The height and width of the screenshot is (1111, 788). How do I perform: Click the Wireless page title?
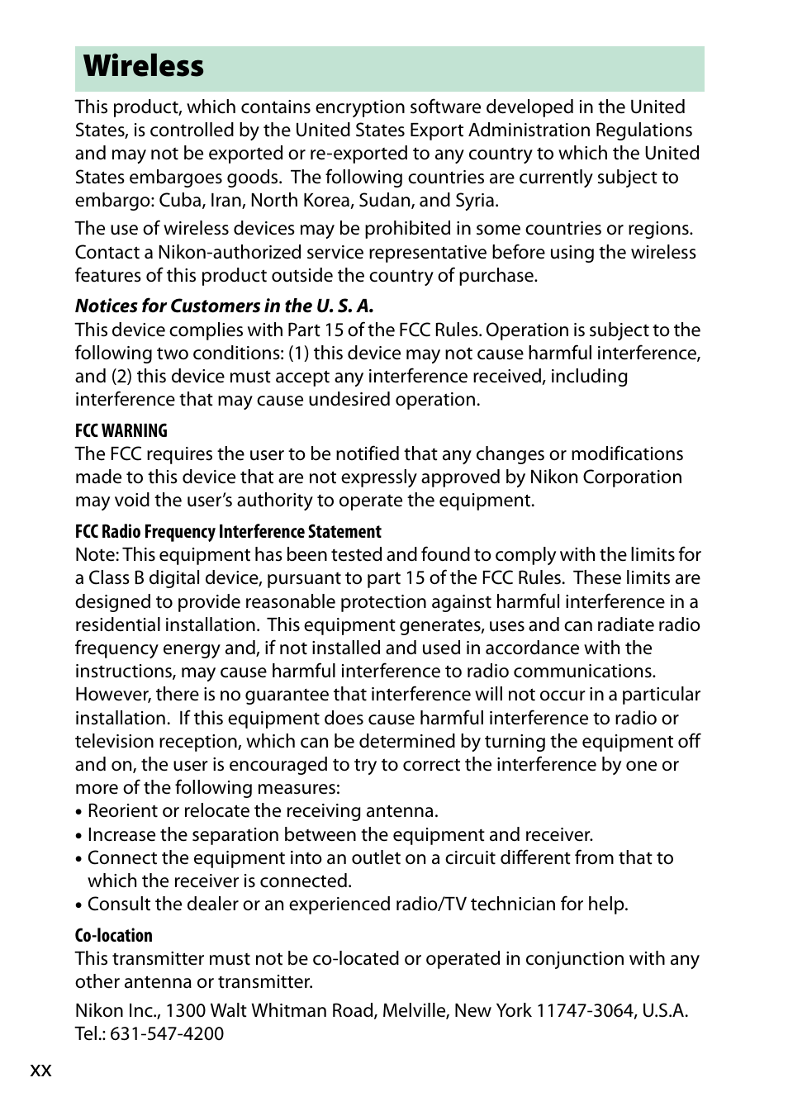144,66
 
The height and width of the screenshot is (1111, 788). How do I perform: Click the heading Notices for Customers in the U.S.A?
225,306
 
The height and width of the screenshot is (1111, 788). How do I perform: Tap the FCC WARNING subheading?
121,430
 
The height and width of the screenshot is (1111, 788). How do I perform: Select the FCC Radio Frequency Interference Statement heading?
228,532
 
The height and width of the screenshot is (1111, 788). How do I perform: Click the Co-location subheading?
114,936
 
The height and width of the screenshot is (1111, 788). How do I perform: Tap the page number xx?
40,1071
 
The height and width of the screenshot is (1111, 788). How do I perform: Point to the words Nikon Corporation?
605,477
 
